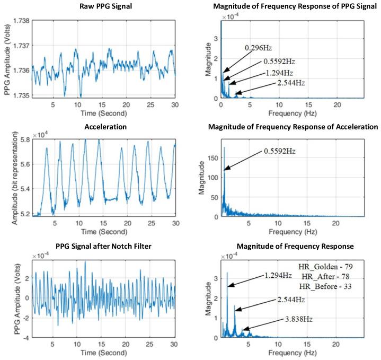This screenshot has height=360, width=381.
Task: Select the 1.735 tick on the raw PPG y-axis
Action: (x=21, y=95)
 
